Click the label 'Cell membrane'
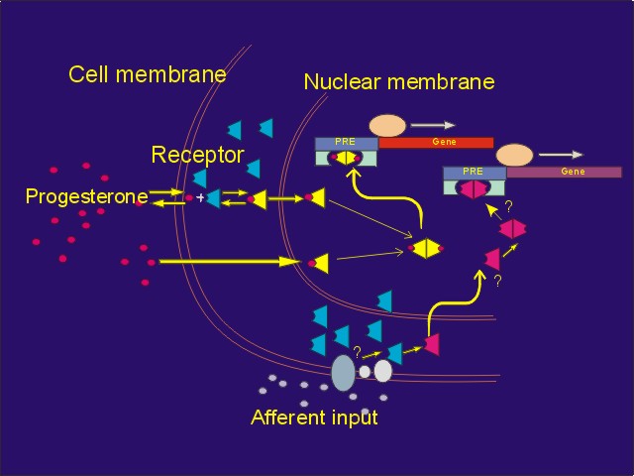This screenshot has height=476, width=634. click(x=147, y=74)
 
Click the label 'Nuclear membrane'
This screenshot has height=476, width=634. click(x=398, y=81)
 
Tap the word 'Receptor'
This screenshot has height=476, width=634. click(x=197, y=155)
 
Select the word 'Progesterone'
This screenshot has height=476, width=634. click(x=86, y=196)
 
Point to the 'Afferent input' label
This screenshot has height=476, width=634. click(x=314, y=417)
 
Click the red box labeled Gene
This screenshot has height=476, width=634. click(x=436, y=143)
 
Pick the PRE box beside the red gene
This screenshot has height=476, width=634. click(x=346, y=143)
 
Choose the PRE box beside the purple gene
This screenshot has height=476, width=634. click(x=474, y=172)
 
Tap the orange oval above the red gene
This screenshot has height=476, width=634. click(x=387, y=126)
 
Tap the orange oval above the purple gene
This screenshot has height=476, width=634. click(x=514, y=155)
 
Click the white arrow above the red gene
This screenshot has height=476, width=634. click(x=434, y=126)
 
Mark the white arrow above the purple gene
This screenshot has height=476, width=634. click(x=562, y=155)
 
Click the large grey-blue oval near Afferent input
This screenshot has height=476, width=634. click(x=343, y=373)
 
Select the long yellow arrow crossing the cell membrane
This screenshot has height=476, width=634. click(x=228, y=262)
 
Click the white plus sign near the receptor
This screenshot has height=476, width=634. click(x=200, y=198)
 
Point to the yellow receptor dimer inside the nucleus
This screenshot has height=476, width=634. click(x=426, y=248)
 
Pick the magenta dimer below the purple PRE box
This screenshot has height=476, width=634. click(x=512, y=229)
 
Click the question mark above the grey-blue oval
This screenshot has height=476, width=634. click(x=357, y=351)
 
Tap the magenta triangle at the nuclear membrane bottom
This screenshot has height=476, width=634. click(x=431, y=344)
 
